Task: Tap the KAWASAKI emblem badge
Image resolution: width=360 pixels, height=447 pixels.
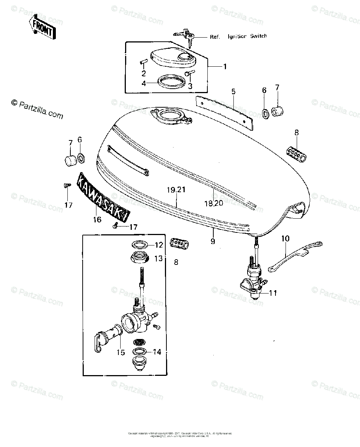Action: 102,198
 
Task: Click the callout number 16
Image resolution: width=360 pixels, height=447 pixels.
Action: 97,220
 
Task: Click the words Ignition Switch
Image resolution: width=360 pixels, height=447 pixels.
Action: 247,37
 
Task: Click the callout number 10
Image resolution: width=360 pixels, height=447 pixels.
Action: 285,238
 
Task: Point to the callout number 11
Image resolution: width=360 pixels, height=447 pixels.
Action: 273,293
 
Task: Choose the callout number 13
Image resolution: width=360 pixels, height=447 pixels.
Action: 159,258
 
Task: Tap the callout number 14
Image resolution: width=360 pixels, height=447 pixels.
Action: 157,352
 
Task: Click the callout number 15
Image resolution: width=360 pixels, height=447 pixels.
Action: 121,352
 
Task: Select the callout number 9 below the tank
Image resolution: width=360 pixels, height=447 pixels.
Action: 213,241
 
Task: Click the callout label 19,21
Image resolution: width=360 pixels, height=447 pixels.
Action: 176,190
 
